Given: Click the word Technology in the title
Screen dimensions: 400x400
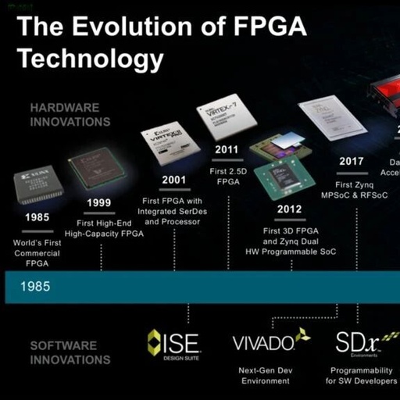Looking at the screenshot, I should [x=91, y=59].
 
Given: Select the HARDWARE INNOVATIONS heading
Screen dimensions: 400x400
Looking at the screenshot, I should [x=70, y=114].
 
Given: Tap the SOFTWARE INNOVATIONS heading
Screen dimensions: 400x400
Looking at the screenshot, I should [x=64, y=352].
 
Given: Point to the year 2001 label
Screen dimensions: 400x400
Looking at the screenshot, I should [x=174, y=180].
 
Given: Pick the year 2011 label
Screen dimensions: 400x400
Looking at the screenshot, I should [x=227, y=149].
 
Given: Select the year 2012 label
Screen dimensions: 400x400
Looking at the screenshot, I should [x=289, y=209].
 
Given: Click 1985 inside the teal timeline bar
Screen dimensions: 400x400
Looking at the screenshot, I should [x=37, y=287].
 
